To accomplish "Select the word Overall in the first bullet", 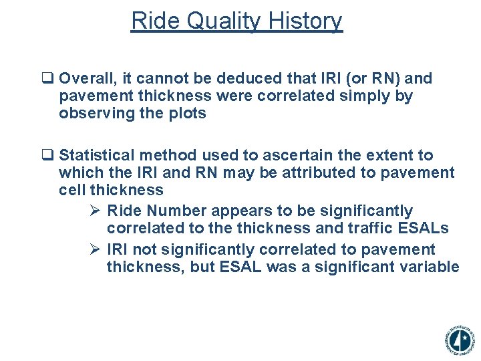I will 87,78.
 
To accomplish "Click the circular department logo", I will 459,340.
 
